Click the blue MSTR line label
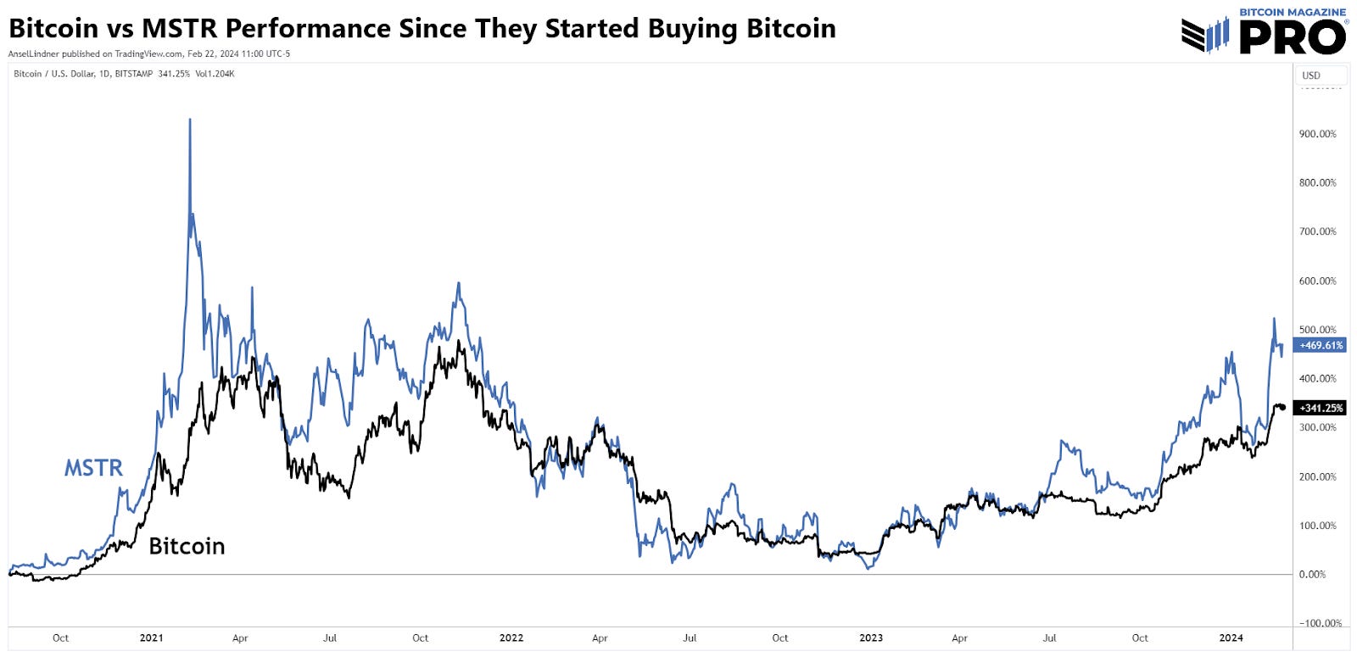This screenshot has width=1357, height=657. point(93,468)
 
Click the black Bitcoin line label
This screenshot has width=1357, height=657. point(187,546)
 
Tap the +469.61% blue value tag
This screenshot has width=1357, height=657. point(1321,345)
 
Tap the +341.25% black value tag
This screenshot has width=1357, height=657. point(1321,408)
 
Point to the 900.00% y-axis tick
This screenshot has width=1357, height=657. point(1317,134)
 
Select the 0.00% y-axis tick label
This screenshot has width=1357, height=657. point(1312,575)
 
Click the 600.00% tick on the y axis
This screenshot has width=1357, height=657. point(1317,281)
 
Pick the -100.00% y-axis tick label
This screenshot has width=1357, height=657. point(1321,623)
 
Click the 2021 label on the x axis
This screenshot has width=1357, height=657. point(151,638)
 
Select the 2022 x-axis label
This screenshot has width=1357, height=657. point(511,638)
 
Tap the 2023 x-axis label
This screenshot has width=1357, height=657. point(871,638)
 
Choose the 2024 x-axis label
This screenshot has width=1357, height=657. point(1231,638)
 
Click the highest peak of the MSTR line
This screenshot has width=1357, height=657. point(190,120)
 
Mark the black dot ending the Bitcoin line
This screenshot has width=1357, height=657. point(1282,408)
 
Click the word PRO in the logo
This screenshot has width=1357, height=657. point(1292,37)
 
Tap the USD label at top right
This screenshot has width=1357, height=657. point(1311,75)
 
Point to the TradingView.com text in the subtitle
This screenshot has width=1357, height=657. point(148,53)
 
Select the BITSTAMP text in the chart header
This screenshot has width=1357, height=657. point(133,74)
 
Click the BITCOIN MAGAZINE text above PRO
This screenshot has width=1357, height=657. point(1293,12)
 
